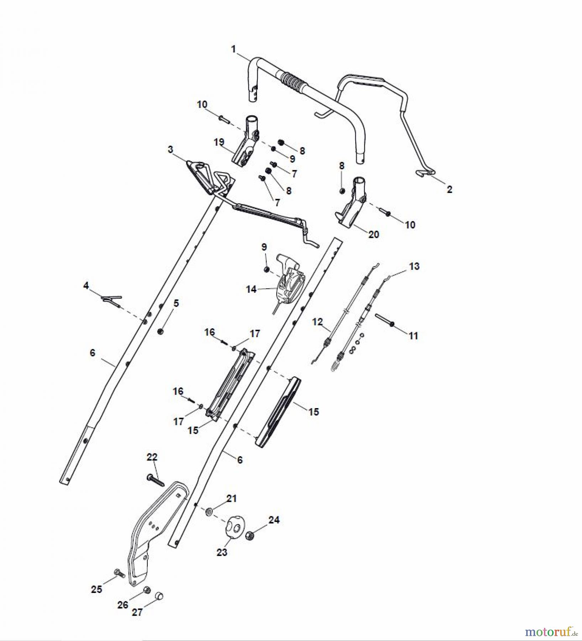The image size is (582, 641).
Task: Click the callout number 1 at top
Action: [x=234, y=49]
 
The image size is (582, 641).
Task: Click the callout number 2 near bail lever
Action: [x=449, y=189]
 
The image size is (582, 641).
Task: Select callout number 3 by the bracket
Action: [x=171, y=149]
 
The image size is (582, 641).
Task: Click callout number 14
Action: [x=251, y=289]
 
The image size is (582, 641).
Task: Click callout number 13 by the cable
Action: [x=414, y=266]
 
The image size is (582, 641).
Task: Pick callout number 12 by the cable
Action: [x=317, y=322]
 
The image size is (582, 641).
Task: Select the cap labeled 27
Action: [x=159, y=595]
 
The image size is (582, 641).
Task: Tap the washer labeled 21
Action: [x=209, y=512]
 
